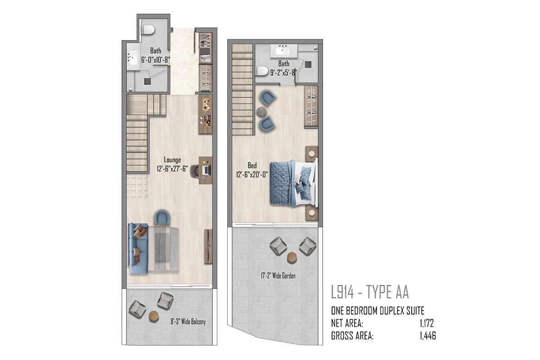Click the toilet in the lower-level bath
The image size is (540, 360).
(148, 30)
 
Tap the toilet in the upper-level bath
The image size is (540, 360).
(262, 71)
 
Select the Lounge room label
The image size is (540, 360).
(172, 160)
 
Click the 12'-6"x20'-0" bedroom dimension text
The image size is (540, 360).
(252, 175)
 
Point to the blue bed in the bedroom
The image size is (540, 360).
(293, 183)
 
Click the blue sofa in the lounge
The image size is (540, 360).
(138, 248)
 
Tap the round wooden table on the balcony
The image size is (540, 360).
(154, 315)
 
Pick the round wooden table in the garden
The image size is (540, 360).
(292, 257)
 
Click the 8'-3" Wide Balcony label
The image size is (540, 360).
(188, 321)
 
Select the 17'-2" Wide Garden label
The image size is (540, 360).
(278, 275)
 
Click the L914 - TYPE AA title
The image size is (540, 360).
(370, 292)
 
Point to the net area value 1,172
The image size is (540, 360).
(427, 324)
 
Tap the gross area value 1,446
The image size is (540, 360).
(428, 336)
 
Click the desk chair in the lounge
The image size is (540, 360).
(194, 171)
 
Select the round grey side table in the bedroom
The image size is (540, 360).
(261, 112)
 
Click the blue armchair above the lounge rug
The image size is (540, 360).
(162, 217)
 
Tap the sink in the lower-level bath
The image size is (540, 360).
(133, 58)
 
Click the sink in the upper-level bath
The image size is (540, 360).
(283, 51)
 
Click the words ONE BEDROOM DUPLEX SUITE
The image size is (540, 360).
(378, 311)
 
